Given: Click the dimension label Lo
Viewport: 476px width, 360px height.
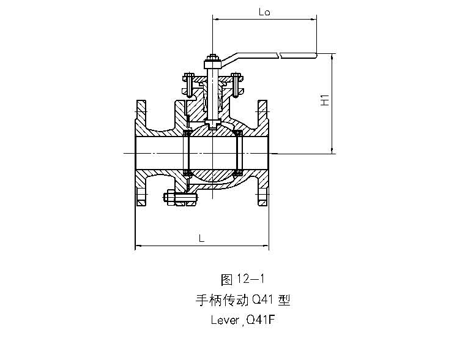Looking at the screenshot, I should click(x=265, y=12).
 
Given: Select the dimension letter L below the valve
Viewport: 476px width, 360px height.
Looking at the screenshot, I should click(x=201, y=239).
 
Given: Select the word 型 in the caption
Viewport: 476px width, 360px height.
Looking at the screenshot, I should click(x=283, y=300).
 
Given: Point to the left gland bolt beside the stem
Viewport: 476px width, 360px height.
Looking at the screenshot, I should click(x=188, y=83).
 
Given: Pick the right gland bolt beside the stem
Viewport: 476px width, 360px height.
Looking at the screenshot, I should click(x=236, y=83).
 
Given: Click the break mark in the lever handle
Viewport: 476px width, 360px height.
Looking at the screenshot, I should click(x=280, y=56).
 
